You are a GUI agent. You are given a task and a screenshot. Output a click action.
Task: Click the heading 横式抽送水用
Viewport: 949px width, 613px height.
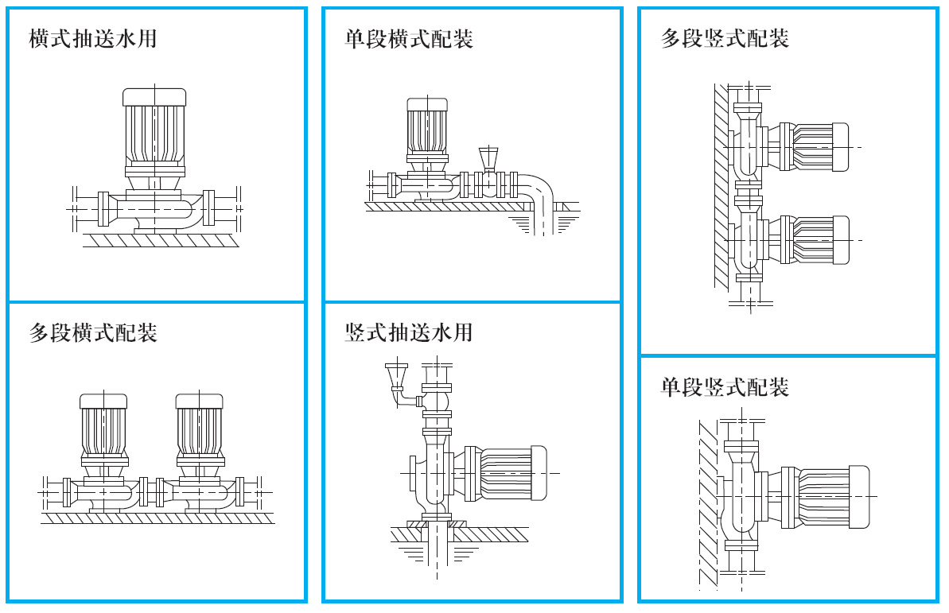coord(92,38)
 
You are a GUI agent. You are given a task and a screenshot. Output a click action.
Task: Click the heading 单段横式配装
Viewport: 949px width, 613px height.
coord(409,38)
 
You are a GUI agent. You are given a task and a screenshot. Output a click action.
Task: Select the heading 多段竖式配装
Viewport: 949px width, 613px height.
coord(725,38)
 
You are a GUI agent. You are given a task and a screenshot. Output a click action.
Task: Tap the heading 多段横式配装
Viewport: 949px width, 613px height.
coord(92,332)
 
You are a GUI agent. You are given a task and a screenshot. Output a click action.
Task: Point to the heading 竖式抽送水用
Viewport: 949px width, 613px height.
coord(409,332)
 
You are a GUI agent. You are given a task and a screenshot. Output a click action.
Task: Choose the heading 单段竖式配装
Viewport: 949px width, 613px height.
coord(725,387)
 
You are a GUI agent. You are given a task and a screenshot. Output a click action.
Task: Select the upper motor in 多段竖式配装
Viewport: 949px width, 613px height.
coord(815,147)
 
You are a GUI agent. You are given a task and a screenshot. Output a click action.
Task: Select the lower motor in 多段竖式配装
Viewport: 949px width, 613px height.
coord(815,239)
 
